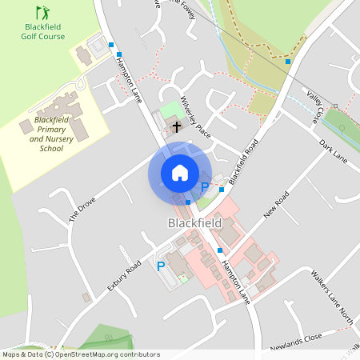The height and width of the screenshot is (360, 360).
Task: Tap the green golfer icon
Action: click(42, 13)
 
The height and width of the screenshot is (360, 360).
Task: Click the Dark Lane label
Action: click(334, 153)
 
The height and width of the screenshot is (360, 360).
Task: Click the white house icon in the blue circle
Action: click(180, 173)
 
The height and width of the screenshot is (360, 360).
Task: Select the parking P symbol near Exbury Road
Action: click(161, 266)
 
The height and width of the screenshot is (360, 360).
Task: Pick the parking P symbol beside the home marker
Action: click(205, 187)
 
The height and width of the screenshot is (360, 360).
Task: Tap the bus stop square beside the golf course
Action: click(110, 46)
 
